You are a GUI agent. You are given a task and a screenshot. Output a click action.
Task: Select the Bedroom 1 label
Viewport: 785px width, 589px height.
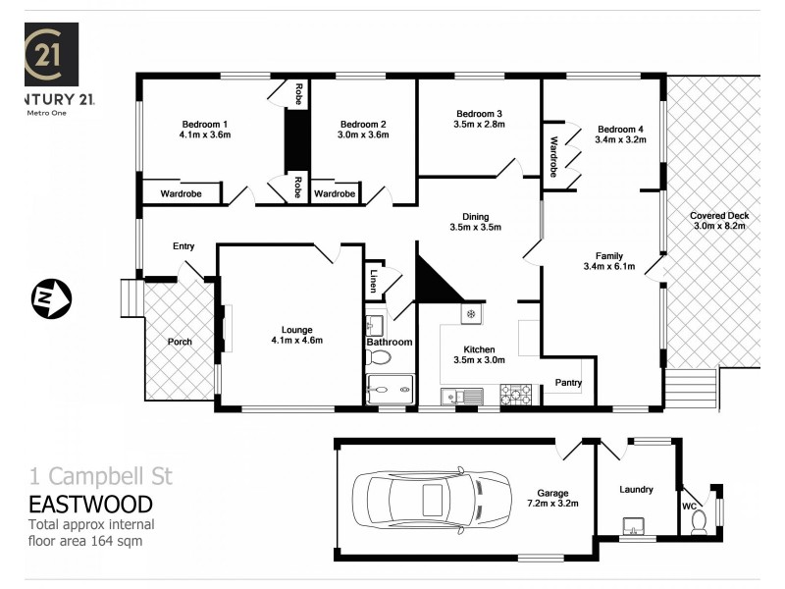tap(205, 124)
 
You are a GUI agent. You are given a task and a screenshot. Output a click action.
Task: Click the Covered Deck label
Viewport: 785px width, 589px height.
tap(719, 215)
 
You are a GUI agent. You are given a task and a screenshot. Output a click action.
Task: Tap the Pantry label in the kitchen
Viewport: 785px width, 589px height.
tap(568, 382)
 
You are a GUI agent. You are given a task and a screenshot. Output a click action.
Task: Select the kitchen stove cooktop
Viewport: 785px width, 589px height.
tap(516, 395)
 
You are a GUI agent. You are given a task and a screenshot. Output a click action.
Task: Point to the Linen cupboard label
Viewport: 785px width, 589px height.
tap(372, 282)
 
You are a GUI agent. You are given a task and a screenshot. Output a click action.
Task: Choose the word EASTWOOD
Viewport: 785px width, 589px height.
tap(90, 505)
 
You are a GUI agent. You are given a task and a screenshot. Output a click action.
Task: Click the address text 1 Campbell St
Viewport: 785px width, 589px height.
tap(100, 477)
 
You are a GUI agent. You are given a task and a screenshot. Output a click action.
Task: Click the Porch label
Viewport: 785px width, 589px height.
tap(180, 342)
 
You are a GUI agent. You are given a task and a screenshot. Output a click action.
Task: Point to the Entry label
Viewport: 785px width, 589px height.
tap(183, 246)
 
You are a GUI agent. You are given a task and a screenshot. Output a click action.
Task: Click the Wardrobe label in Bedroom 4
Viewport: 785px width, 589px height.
tap(553, 155)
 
